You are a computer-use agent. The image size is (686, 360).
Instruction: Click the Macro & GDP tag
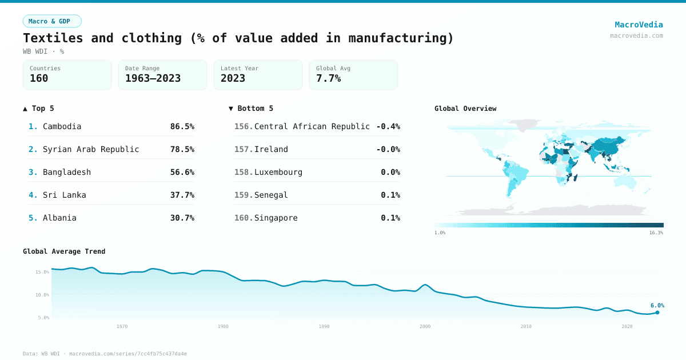pos(52,21)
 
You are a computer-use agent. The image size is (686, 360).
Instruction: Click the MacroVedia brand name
pos(639,25)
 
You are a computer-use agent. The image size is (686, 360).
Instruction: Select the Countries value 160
pos(39,79)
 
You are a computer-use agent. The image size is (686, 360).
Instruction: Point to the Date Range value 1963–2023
pos(153,79)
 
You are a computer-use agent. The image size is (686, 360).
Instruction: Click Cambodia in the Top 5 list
pos(62,126)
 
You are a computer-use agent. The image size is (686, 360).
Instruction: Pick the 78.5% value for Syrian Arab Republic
pos(182,149)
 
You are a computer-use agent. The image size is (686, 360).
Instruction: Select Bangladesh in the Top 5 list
pos(66,172)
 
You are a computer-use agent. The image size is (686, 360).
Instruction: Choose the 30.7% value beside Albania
pos(182,218)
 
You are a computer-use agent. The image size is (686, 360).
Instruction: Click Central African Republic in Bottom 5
pos(312,126)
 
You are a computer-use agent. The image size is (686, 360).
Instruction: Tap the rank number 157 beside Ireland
pos(243,149)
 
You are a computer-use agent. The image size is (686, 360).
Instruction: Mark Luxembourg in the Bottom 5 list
pos(278,172)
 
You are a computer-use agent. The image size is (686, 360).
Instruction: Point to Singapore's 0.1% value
pos(390,218)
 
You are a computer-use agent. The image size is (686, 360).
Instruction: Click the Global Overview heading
pos(465,109)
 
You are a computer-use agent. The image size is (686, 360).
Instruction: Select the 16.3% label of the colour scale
pos(656,233)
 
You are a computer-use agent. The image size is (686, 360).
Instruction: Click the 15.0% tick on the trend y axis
pos(42,272)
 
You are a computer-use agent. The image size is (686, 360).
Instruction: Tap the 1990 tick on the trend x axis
pos(324,326)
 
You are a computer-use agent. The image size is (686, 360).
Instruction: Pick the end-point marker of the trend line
pos(657,312)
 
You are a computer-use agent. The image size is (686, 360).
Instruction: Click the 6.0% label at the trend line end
pos(657,305)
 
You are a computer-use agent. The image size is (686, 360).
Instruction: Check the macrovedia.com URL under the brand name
pos(636,35)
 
